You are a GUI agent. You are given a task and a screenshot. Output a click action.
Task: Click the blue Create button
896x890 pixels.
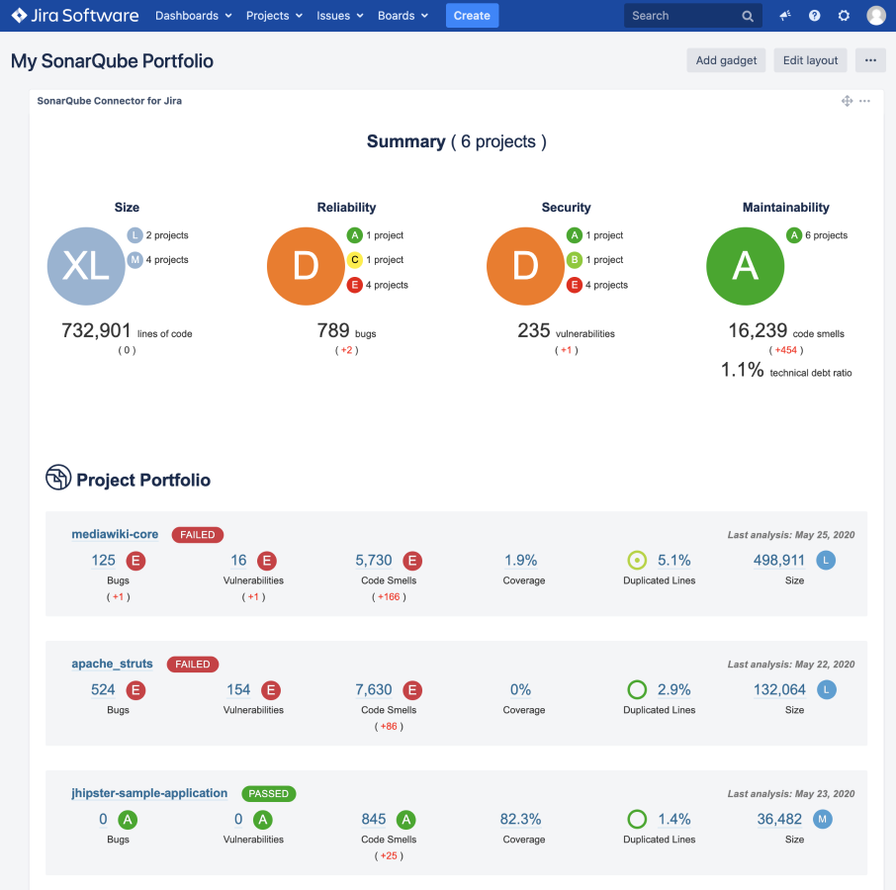coord(472,16)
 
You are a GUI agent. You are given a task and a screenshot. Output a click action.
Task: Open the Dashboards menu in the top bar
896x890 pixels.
coord(193,16)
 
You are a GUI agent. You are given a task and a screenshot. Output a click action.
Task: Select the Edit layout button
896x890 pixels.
coord(810,60)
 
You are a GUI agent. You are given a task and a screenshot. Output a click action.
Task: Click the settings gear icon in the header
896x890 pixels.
coord(844,16)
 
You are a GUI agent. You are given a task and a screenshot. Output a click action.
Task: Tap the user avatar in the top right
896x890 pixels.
coord(876,16)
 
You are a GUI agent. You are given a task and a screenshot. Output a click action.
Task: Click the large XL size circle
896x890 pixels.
coord(86,265)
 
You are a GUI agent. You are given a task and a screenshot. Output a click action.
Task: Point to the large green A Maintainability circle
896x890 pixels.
coord(745,265)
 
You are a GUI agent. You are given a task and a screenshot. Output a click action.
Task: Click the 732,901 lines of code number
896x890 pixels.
coord(97,331)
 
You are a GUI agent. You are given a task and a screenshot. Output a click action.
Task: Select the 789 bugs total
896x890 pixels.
coord(333,331)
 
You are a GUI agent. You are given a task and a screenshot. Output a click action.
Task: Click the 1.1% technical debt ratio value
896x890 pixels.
coord(742,370)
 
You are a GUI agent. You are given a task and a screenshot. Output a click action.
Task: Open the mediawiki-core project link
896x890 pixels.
coord(115,534)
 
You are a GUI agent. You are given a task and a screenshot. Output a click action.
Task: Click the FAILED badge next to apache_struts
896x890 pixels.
coord(193,665)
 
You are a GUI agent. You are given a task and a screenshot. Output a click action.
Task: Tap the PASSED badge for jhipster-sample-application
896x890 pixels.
coord(268,793)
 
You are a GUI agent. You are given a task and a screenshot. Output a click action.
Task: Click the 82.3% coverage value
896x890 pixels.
coord(520,819)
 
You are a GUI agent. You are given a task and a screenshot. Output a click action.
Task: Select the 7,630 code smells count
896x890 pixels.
coord(374,689)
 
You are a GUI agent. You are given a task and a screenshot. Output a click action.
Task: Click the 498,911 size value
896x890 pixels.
coord(779,561)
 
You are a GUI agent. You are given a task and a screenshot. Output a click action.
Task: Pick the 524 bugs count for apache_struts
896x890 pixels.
coord(103,689)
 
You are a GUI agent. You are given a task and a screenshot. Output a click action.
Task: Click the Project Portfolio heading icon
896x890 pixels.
coord(58,479)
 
